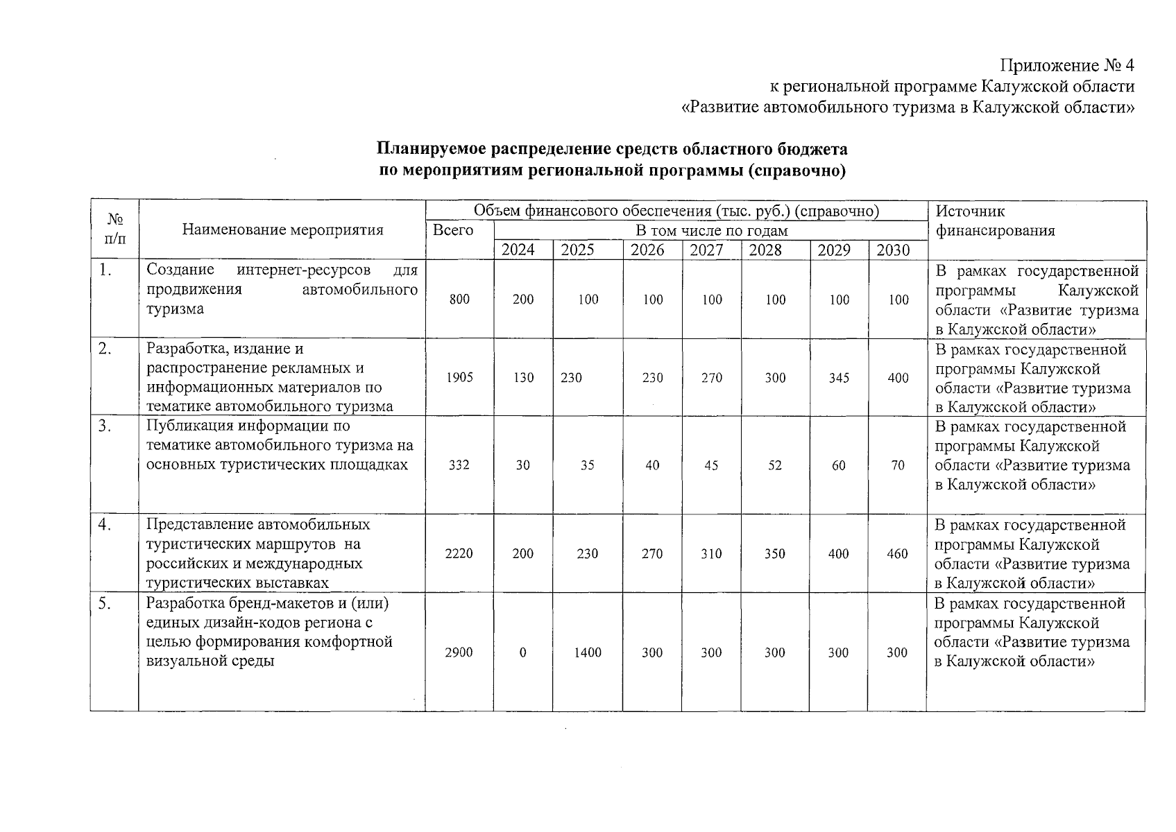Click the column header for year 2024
coord(518,250)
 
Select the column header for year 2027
coord(706,250)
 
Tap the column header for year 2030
coord(893,250)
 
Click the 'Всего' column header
coord(453,230)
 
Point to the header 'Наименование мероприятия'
coord(282,230)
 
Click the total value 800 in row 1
coord(459,300)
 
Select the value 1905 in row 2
coord(459,378)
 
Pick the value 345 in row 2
coord(839,378)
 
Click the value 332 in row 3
coord(459,465)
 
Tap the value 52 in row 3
coord(775,465)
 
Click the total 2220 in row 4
coord(459,554)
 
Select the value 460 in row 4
coord(897,554)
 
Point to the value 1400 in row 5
coord(588,652)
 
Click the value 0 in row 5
coord(522,652)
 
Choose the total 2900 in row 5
coord(459,652)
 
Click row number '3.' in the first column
coord(105,426)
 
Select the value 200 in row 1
coord(523,300)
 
